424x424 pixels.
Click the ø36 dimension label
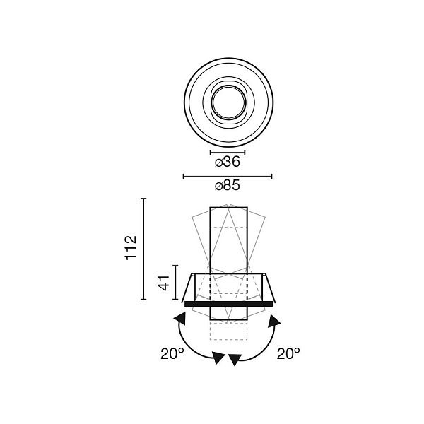tap(228, 162)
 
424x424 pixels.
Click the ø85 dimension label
tap(228, 186)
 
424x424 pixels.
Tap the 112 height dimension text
tap(131, 248)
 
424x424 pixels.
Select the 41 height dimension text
tap(164, 283)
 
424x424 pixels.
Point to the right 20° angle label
tap(288, 353)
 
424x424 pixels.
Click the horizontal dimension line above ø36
tap(228, 153)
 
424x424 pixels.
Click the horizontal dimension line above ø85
tap(228, 177)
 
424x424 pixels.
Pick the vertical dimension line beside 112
tap(143, 249)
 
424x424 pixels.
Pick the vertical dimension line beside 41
tap(176, 283)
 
